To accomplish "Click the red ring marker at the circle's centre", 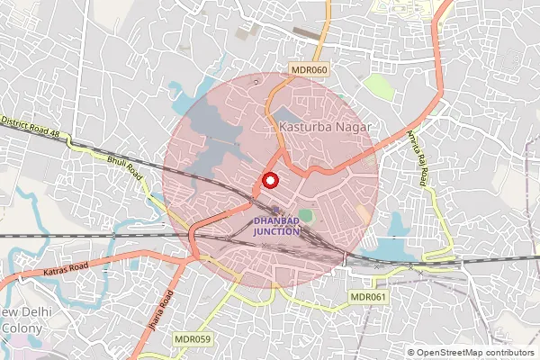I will point(268,180).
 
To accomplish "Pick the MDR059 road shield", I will point(193,339).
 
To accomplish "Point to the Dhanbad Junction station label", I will point(275,225).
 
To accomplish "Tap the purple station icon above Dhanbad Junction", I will point(275,210).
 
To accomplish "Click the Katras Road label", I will point(64,268).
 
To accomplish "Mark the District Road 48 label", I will point(30,126).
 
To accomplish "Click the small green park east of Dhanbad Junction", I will point(307,217).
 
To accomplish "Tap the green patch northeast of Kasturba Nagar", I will point(378,87).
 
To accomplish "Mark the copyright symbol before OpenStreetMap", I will point(411,352).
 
